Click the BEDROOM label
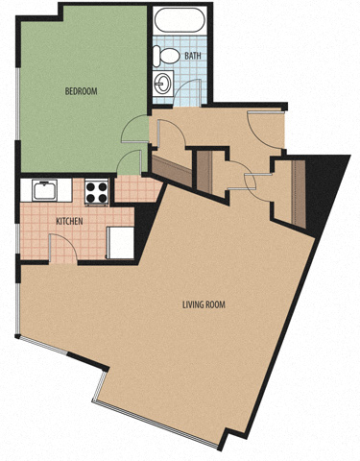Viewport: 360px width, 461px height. point(81,91)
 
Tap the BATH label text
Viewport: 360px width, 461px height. point(193,56)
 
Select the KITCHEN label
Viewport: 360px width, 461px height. point(69,221)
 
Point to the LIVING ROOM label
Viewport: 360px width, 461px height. point(204,304)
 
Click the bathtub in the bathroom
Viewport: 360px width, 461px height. point(180,20)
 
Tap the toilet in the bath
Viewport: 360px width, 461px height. point(166,56)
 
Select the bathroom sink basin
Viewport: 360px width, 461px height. point(163,83)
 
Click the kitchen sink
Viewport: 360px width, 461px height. point(44,190)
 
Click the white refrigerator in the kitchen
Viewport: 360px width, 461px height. point(120,242)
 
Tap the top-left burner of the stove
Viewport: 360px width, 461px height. point(90,186)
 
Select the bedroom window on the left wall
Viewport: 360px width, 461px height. point(18,104)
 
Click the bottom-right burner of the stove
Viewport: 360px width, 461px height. point(103,199)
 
